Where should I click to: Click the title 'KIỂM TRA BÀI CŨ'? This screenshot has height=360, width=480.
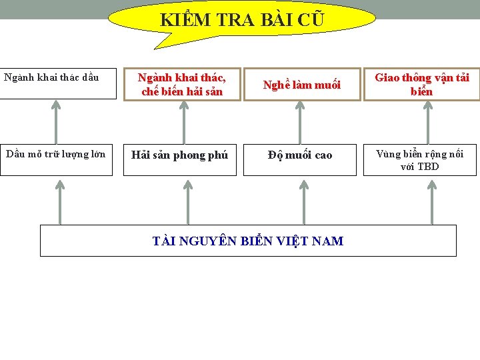pos(241,20)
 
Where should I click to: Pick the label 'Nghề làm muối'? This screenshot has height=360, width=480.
pos(301,85)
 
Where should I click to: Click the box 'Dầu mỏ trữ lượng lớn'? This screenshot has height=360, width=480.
pos(56,160)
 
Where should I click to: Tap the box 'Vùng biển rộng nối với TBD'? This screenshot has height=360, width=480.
pos(420,160)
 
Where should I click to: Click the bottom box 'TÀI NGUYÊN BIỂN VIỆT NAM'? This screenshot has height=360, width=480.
pos(248,241)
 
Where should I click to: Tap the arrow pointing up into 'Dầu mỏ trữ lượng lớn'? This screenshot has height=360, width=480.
pos(60,201)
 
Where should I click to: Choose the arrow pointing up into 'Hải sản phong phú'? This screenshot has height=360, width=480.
pos(188,201)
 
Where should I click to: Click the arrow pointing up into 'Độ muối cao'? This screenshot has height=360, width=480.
pos(304,201)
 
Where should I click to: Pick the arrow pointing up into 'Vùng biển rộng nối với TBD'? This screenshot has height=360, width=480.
pos(432,201)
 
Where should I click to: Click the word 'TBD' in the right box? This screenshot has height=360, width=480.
pos(429,167)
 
